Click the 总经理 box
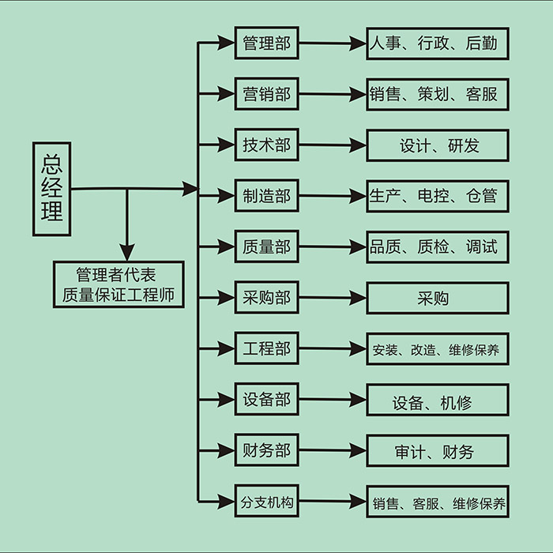(x=51, y=190)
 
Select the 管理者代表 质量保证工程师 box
(x=118, y=284)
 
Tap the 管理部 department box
(x=267, y=43)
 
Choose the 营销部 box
(x=267, y=95)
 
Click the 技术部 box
(x=267, y=145)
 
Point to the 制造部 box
(x=267, y=196)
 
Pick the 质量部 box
(x=267, y=246)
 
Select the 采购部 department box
(x=267, y=298)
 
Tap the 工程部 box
(x=267, y=348)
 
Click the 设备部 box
(x=267, y=400)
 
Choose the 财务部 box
(x=267, y=450)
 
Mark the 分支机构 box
(x=267, y=501)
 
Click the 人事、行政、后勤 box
(x=437, y=43)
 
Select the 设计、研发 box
(x=437, y=145)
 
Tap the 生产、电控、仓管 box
(x=437, y=196)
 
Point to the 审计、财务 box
(x=437, y=451)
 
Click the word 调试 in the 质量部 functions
(x=482, y=246)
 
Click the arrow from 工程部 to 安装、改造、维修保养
(x=332, y=348)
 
